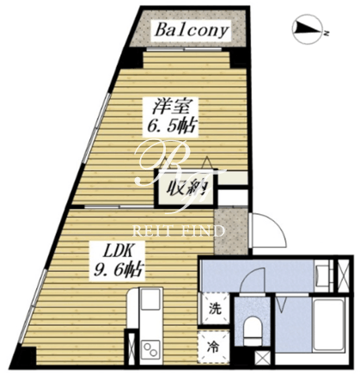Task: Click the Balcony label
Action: click(x=192, y=30)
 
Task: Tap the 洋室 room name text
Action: click(x=171, y=107)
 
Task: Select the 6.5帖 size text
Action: click(x=171, y=126)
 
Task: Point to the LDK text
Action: click(x=117, y=252)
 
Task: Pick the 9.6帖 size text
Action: click(x=117, y=270)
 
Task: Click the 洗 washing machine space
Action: click(x=215, y=309)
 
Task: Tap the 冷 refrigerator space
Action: click(x=215, y=347)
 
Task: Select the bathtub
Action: click(x=328, y=324)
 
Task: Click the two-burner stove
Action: click(x=150, y=349)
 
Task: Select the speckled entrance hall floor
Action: click(x=231, y=231)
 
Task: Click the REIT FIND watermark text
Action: click(x=179, y=231)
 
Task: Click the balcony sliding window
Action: click(x=184, y=49)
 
